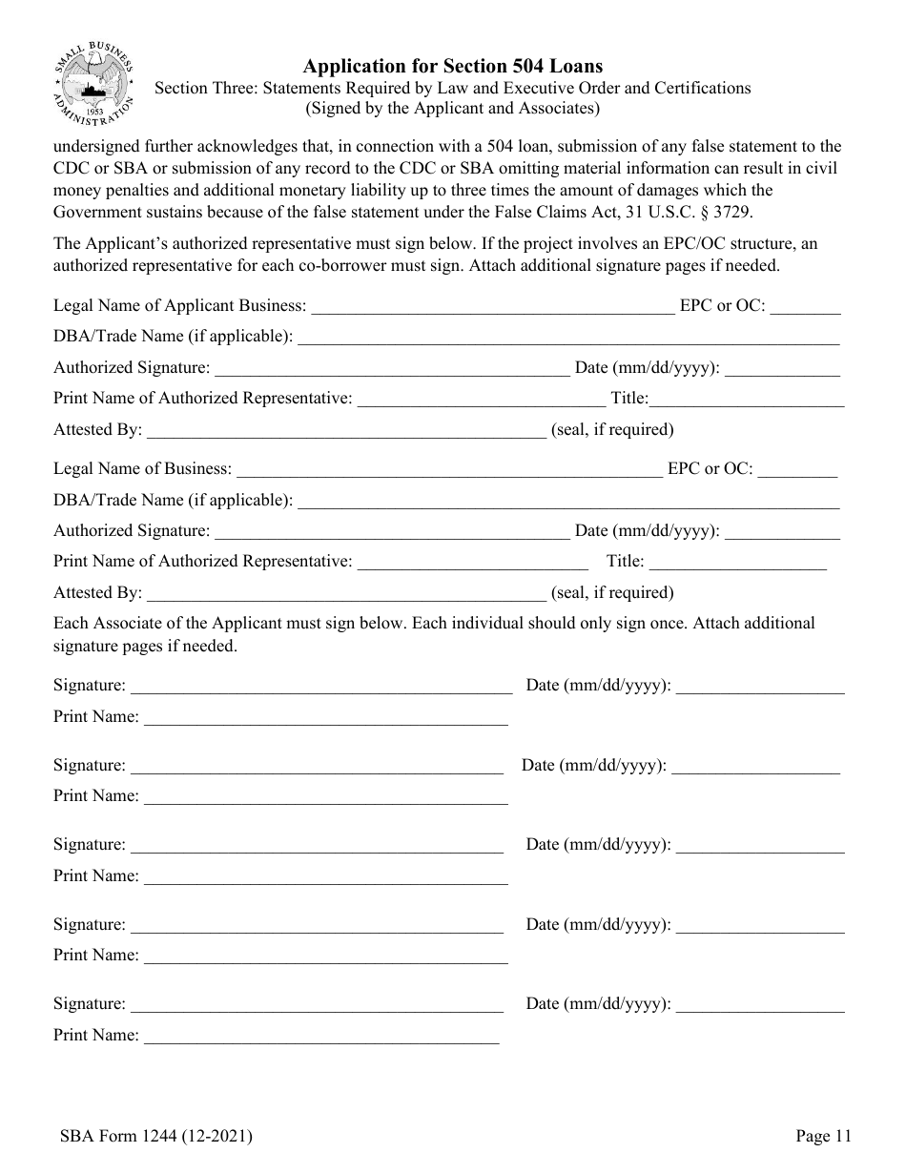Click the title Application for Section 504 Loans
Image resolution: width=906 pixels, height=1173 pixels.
click(x=452, y=67)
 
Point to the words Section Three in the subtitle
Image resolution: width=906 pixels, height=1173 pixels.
click(x=199, y=88)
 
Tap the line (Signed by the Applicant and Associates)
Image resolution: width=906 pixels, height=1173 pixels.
click(x=452, y=109)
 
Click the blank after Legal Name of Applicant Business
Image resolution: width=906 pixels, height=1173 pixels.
click(x=492, y=307)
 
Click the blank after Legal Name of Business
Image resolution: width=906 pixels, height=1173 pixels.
click(x=448, y=469)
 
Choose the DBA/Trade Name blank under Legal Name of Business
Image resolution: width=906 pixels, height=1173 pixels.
click(x=568, y=501)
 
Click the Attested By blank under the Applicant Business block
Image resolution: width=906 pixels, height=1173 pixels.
click(x=346, y=430)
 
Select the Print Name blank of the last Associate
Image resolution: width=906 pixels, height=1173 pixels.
click(x=320, y=1036)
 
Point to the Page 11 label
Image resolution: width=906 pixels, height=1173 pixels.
click(x=823, y=1136)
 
